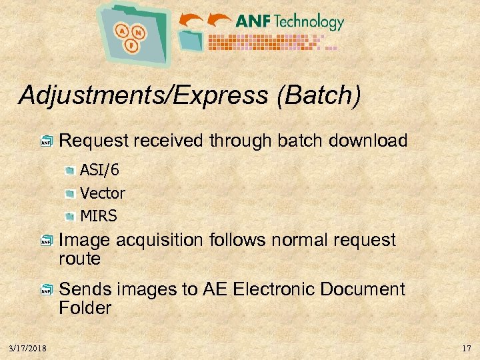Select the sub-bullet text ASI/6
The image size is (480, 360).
tap(99, 171)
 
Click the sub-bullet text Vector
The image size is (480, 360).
tap(103, 193)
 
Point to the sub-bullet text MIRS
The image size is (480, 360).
tap(99, 216)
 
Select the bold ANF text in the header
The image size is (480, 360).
tap(253, 21)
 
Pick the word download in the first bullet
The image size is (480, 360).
tap(370, 141)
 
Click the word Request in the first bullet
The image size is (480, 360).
tap(94, 141)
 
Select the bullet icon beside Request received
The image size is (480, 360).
tap(46, 141)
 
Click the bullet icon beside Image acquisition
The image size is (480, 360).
tap(46, 241)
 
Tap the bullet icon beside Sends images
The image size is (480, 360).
tap(46, 290)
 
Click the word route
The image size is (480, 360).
tap(79, 259)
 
